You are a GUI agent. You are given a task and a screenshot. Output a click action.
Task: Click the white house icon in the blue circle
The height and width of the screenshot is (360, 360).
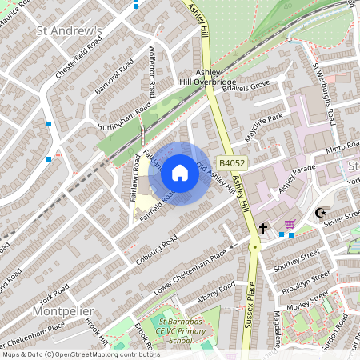click(x=180, y=173)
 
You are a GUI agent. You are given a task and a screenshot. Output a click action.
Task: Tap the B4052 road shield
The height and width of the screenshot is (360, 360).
click(x=230, y=163)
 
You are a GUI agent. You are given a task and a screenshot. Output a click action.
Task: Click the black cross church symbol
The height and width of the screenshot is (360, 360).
click(x=263, y=228)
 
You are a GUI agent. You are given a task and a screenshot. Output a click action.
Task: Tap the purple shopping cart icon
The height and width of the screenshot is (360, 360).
click(x=290, y=225)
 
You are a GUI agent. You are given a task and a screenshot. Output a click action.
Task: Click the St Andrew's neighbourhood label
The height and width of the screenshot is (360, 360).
click(x=70, y=31)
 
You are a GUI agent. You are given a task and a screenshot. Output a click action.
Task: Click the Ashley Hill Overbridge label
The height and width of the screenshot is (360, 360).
click(x=207, y=77)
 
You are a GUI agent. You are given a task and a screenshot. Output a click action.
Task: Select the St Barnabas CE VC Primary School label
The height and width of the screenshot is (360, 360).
click(x=170, y=330)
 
